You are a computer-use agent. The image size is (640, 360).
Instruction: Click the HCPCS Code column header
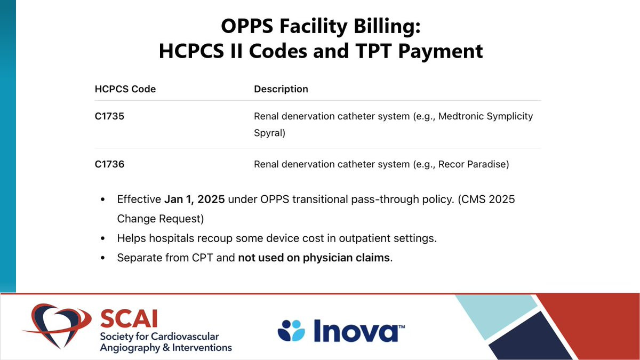(125, 89)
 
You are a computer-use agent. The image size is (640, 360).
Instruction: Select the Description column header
(281, 89)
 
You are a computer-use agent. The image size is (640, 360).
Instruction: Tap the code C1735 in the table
(109, 116)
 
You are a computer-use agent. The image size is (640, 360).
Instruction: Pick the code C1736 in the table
(109, 164)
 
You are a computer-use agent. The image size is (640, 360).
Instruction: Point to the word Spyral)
(269, 133)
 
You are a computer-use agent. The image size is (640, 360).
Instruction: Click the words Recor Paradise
(472, 164)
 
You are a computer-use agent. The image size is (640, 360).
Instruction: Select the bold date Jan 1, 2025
(194, 199)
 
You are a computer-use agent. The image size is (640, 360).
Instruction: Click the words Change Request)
(161, 219)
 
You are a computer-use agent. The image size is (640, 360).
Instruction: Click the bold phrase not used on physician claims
(314, 258)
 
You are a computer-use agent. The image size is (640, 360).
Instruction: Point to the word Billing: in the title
(387, 26)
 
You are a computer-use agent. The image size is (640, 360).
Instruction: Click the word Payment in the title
(441, 51)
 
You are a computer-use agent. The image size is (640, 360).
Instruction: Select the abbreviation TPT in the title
(373, 51)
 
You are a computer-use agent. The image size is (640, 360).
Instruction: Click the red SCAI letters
(129, 319)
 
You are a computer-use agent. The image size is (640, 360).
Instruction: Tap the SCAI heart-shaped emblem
(55, 326)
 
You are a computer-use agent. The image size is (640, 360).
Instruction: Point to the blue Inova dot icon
(291, 331)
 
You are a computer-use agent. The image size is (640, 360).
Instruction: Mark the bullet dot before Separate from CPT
(103, 258)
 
